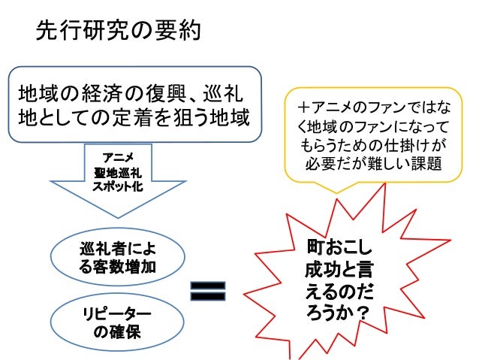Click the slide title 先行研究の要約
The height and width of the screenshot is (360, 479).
117,32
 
